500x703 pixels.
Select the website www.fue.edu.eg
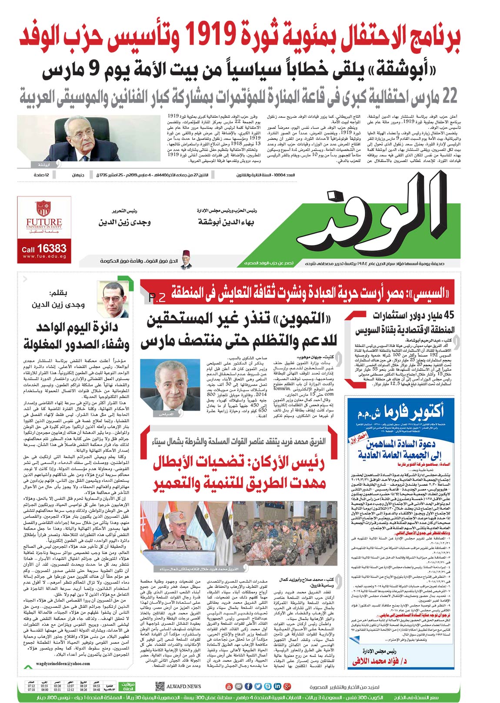(44, 256)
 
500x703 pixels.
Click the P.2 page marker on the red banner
(157, 298)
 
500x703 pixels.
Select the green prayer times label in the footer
(127, 686)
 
